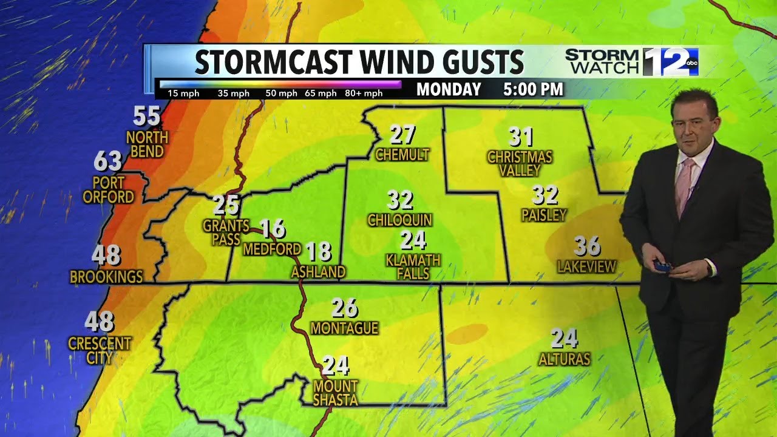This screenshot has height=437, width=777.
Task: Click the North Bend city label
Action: [147, 144]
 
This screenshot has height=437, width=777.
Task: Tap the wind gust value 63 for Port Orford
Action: [108, 162]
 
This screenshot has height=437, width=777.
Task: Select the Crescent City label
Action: [100, 351]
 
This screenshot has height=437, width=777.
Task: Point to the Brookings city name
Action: [106, 277]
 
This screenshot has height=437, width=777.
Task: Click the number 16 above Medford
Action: [273, 228]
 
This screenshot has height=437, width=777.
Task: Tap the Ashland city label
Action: [318, 272]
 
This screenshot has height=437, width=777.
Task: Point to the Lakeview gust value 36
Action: [587, 246]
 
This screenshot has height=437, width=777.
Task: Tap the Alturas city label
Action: [565, 359]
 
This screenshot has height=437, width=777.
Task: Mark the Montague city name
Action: [344, 328]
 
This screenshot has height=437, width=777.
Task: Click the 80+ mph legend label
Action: [364, 93]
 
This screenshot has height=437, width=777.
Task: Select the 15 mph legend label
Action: [181, 93]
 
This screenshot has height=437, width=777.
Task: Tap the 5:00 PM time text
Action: [533, 90]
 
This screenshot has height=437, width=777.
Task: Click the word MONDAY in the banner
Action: [449, 90]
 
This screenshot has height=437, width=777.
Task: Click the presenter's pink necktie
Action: [685, 185]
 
